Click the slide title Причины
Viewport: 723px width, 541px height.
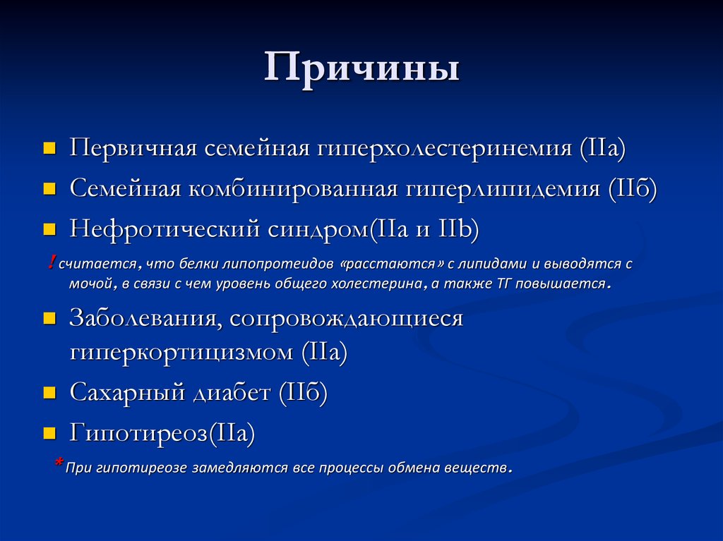point(361,68)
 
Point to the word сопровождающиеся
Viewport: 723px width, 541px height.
point(346,318)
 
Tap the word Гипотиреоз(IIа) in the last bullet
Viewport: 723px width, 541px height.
point(162,432)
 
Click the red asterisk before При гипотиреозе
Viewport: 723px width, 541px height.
point(59,463)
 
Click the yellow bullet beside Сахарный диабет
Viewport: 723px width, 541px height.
point(49,393)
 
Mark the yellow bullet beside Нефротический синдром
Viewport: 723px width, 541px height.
point(49,230)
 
